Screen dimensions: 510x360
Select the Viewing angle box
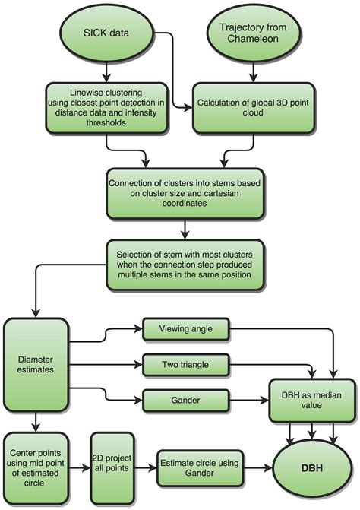click(x=185, y=329)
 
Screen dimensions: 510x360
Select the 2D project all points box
click(x=112, y=463)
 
